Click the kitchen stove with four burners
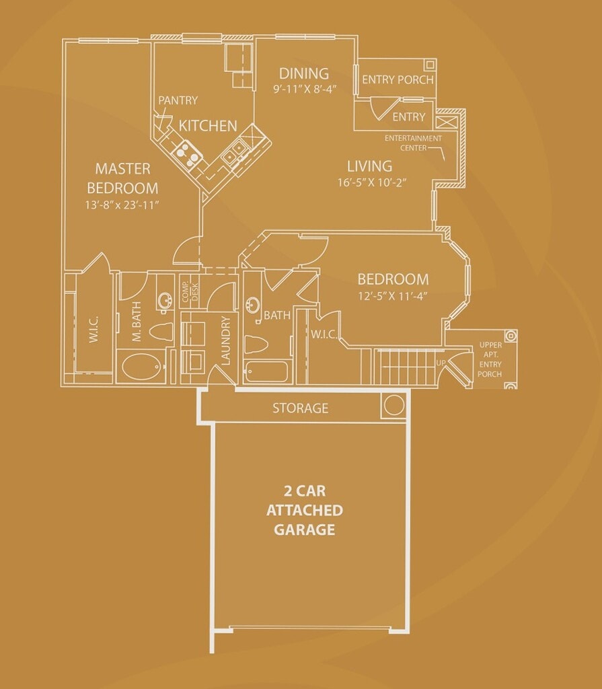(188, 153)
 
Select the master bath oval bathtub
(143, 367)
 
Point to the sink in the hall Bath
(254, 306)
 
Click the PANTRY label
(178, 101)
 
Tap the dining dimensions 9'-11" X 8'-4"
(304, 89)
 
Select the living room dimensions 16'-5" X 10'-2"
(369, 182)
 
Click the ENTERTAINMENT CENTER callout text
(413, 143)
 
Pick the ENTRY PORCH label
(398, 79)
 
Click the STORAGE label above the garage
(300, 408)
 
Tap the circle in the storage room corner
(393, 405)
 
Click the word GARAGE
(304, 530)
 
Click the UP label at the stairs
(441, 363)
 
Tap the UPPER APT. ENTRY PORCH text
(490, 359)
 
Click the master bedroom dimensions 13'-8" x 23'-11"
(122, 205)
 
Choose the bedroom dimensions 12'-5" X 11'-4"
(393, 295)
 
